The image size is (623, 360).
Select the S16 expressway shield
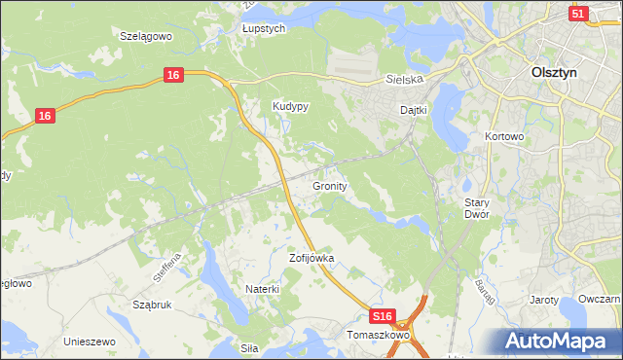[384, 317]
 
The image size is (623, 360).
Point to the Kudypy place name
[290, 107]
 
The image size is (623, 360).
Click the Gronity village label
[331, 185]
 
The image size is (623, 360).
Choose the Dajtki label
[415, 110]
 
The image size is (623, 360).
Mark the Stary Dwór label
[475, 207]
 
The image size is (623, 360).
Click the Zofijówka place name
[311, 259]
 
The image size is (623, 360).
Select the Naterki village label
[263, 289]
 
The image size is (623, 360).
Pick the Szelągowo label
[145, 35]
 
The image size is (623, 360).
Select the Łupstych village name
[264, 29]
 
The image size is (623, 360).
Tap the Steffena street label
[167, 267]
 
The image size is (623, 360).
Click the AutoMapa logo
[558, 342]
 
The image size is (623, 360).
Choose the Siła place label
[251, 345]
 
